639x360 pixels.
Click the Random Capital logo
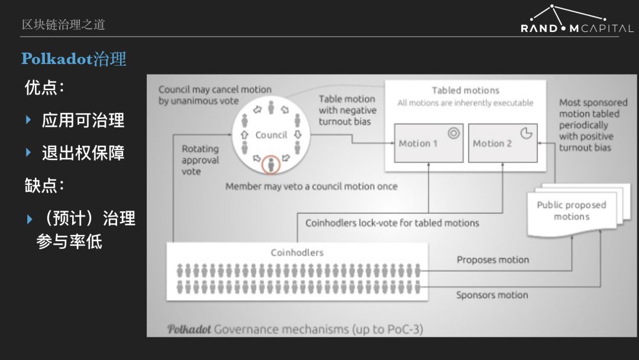coord(577,19)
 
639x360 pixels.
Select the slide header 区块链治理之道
coord(63,24)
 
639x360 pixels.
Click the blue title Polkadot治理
coord(74,59)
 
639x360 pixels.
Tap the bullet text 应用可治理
coord(83,120)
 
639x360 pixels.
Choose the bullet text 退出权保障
coord(83,153)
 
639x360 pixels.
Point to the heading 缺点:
coord(44,185)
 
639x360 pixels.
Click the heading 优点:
coord(44,87)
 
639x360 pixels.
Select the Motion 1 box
coord(429,143)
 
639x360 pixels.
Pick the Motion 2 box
coord(503,143)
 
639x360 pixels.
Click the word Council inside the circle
coord(271,135)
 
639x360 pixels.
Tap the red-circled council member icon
coord(270,164)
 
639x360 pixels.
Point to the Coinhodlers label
coord(297,253)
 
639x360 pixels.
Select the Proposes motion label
coord(493,260)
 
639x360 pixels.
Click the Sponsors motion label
coord(492,295)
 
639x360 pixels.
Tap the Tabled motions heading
coord(466,90)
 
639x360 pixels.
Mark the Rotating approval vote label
coord(200,160)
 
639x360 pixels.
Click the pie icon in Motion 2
coord(527,133)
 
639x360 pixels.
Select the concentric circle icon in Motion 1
coord(454,133)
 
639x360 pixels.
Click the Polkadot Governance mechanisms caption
coord(295,329)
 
